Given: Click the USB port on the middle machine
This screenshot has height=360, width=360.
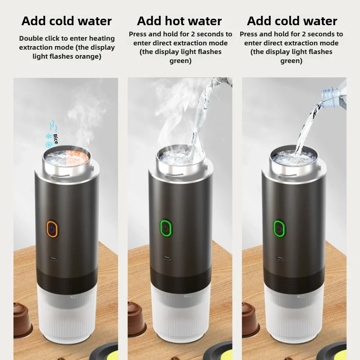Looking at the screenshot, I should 166,258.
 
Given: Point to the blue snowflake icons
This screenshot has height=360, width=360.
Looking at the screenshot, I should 48,140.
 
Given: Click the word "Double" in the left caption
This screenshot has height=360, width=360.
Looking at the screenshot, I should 32,39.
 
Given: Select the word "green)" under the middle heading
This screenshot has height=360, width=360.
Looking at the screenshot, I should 180,61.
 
